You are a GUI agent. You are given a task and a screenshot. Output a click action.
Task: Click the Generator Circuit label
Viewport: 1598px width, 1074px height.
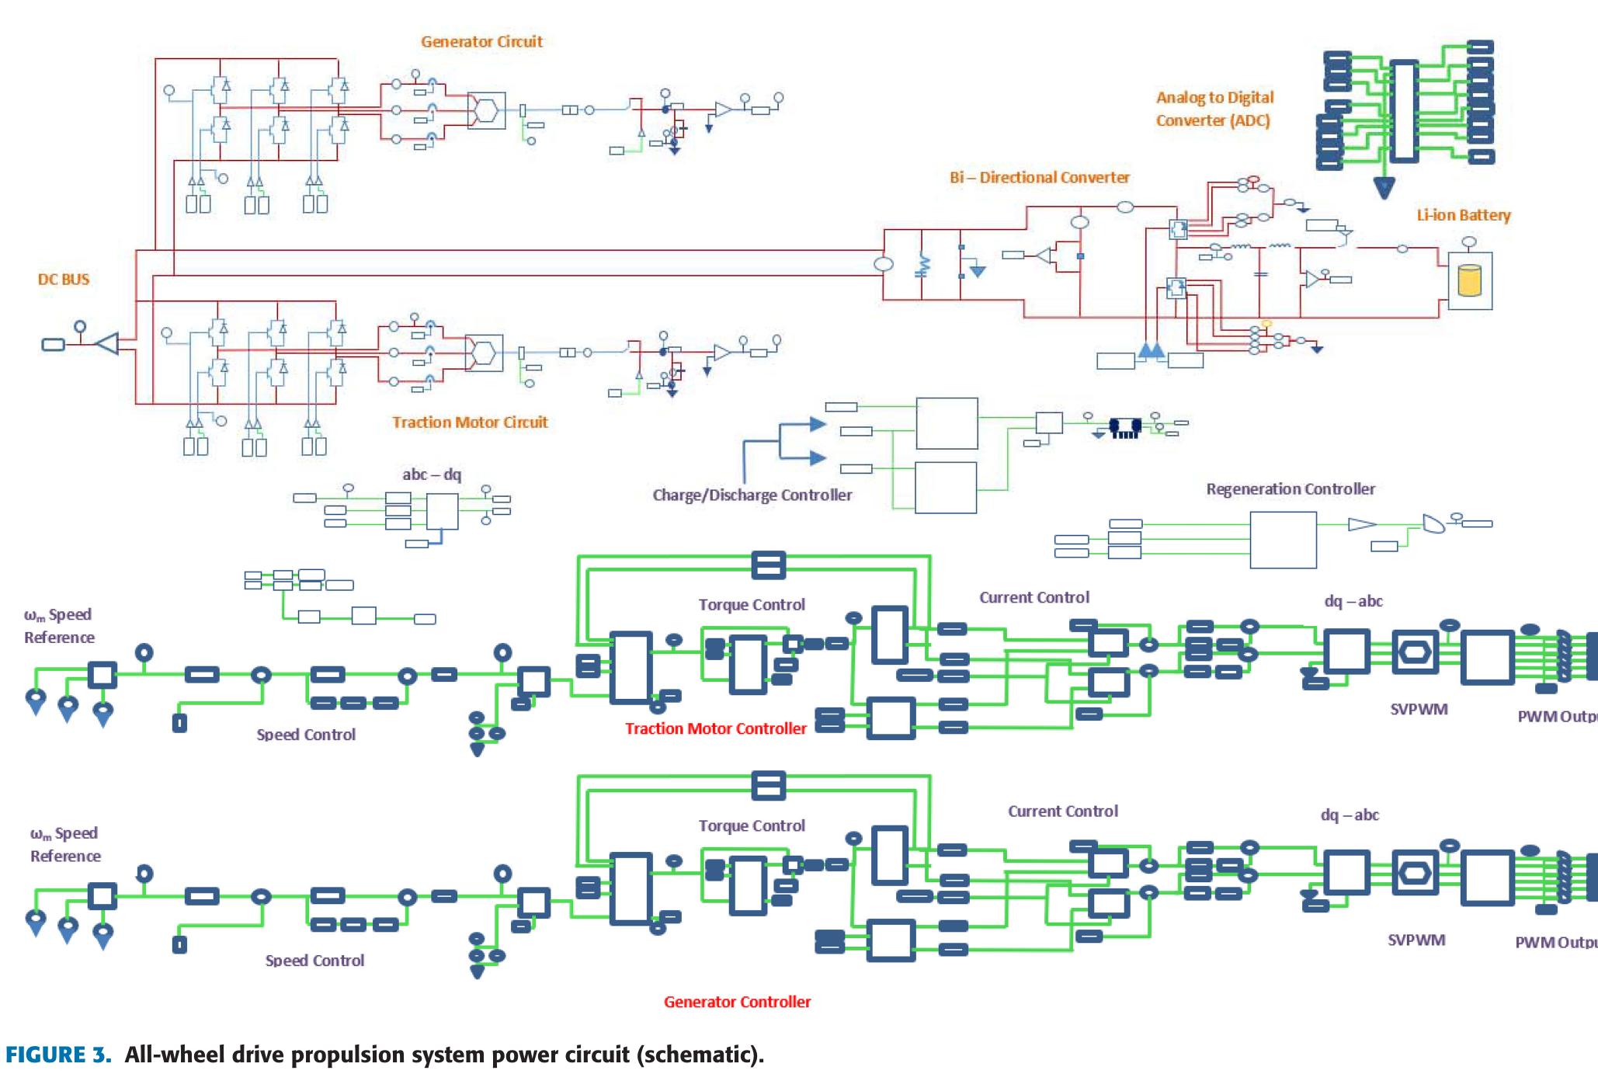coord(481,42)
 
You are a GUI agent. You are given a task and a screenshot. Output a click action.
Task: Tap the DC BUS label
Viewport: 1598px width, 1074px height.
coord(64,280)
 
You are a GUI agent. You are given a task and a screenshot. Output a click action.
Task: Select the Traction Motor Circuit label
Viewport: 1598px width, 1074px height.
coord(470,422)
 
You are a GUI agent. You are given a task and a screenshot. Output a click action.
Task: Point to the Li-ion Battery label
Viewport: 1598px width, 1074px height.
coord(1464,215)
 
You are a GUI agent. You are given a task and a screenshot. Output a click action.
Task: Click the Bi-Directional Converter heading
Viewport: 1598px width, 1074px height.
coord(1040,178)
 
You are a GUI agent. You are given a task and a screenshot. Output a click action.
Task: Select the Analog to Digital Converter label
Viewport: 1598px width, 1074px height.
coord(1214,109)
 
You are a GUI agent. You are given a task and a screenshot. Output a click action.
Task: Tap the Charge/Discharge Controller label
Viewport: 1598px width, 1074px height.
coord(752,495)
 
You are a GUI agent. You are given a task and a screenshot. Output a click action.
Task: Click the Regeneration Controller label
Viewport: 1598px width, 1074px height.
coord(1291,489)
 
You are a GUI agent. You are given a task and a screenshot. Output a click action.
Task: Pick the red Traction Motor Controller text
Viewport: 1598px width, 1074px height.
coord(716,728)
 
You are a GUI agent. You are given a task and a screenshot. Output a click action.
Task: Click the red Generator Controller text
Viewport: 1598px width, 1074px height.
coord(737,1002)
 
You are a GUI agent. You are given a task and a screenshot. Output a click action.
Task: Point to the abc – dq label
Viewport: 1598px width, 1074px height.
coord(432,474)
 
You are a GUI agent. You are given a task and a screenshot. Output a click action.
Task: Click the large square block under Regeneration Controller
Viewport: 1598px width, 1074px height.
coord(1283,540)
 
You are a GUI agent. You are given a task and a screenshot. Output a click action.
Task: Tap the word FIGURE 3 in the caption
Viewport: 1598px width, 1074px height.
coord(58,1055)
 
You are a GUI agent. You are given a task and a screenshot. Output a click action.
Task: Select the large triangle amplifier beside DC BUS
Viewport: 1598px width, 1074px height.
coord(107,342)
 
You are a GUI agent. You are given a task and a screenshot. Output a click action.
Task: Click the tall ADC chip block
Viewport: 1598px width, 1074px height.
coord(1404,111)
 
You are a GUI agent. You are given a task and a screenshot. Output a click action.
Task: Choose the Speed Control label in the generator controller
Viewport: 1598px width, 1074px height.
coord(314,961)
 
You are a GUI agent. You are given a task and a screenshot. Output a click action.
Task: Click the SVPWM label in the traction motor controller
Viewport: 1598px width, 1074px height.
coord(1419,709)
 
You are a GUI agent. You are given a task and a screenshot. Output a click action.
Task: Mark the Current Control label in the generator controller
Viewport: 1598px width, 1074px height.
coord(1063,812)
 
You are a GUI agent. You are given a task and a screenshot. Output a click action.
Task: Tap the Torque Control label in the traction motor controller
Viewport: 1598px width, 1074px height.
coord(752,605)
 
